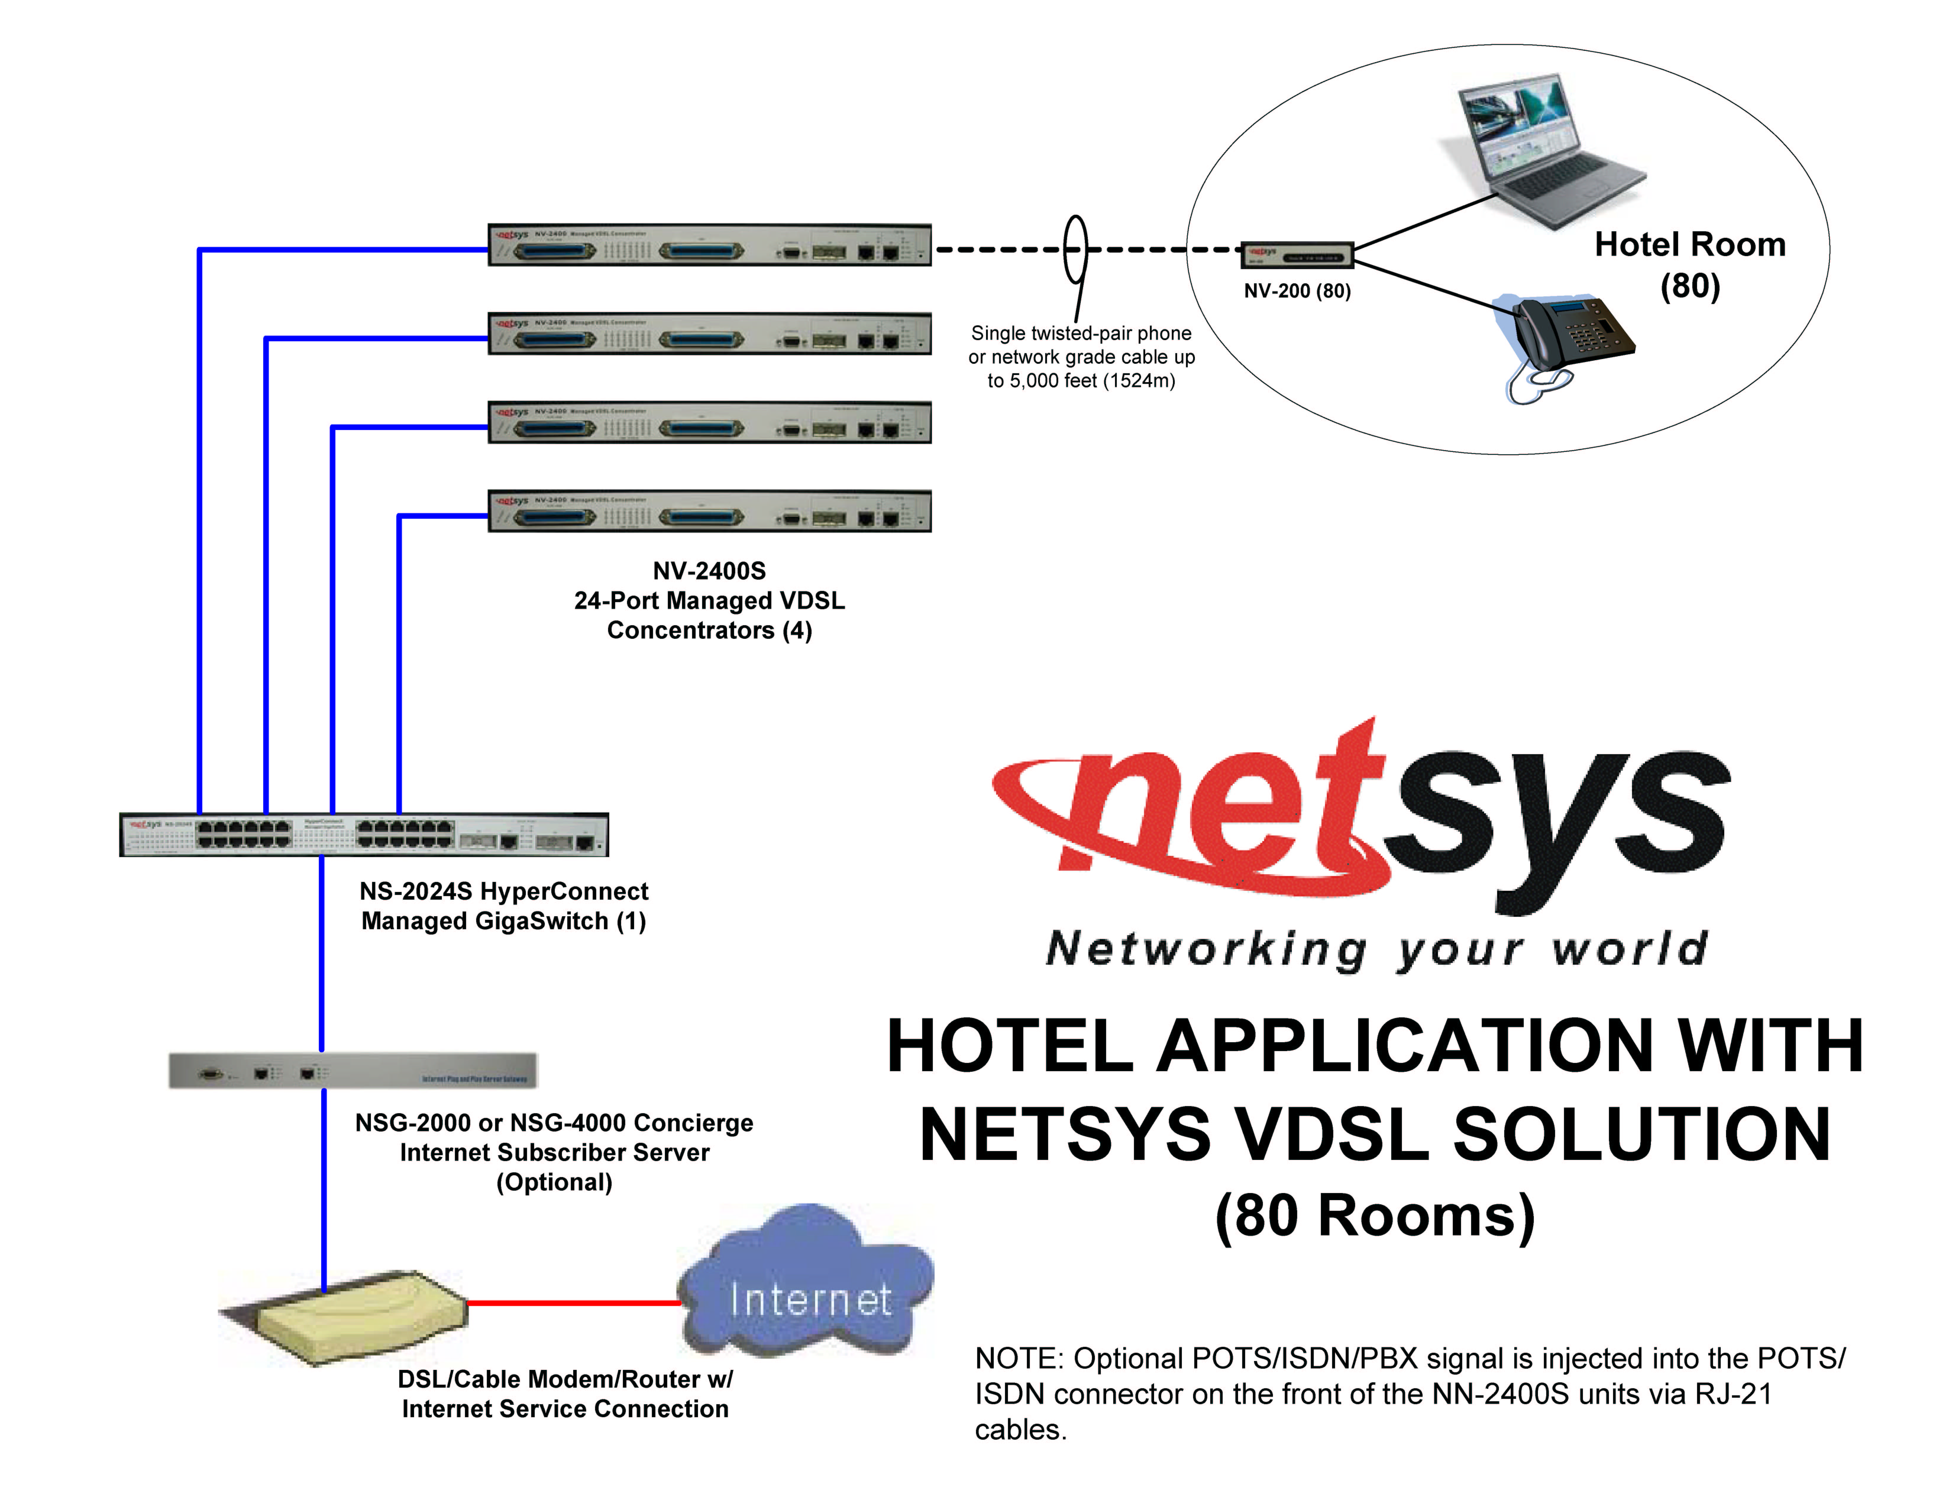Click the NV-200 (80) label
coord(1297,290)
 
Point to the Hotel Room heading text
coord(1689,244)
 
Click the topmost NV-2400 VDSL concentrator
coord(709,245)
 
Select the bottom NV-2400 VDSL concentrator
coord(709,511)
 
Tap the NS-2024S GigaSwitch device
coord(364,834)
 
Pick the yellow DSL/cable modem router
coord(358,1314)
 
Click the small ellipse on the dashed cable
coord(1076,248)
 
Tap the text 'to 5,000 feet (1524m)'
coord(1081,381)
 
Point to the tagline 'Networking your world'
coord(1376,949)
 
